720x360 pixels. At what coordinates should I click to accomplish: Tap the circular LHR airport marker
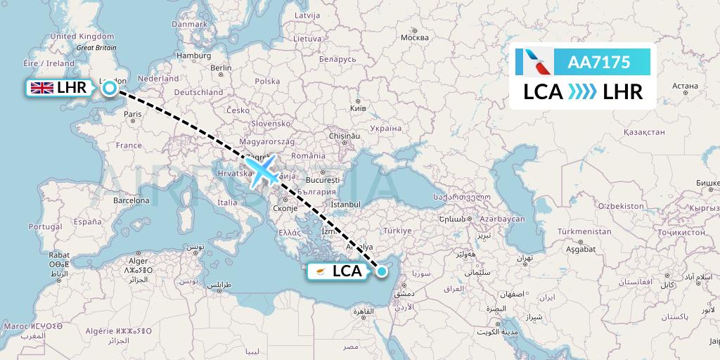click(110, 88)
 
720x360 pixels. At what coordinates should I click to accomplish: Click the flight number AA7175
click(598, 62)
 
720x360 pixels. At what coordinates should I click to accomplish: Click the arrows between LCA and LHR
click(581, 91)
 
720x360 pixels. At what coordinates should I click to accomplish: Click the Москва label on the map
click(413, 37)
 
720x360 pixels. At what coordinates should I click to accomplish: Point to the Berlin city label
click(221, 67)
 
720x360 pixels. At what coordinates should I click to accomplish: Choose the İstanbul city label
click(345, 204)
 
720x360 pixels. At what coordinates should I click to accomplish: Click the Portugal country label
click(51, 226)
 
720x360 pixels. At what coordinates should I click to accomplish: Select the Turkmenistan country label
click(584, 231)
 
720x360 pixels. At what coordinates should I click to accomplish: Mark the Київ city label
click(357, 109)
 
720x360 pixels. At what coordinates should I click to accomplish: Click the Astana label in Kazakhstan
click(684, 86)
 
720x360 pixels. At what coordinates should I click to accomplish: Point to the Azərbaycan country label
click(502, 219)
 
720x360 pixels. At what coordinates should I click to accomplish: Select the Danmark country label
click(189, 24)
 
